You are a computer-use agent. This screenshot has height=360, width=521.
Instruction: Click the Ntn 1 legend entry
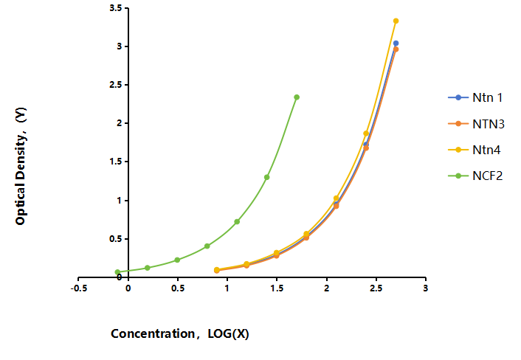pos(475,97)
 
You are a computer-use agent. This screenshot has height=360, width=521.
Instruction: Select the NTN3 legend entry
pos(476,124)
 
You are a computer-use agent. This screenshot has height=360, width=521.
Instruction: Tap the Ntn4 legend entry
pos(475,150)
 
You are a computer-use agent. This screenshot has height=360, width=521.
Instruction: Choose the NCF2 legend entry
pos(475,176)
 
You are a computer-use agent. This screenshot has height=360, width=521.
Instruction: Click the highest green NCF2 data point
pos(297,97)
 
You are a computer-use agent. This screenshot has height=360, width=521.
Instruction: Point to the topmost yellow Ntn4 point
pos(396,21)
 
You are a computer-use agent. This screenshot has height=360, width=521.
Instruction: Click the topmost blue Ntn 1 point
pos(396,44)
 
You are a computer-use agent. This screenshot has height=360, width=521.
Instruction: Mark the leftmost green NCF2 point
pos(117,272)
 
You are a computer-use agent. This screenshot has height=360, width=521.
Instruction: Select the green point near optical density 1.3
pos(267,177)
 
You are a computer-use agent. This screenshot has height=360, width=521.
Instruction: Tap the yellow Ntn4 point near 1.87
pos(366,134)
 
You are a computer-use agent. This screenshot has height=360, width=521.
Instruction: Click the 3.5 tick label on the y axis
pos(115,8)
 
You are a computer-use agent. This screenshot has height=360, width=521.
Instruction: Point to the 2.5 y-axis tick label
pos(115,85)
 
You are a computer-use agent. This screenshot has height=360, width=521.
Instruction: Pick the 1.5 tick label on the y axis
pos(115,162)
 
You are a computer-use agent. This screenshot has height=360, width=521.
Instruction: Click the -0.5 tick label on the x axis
pos(79,288)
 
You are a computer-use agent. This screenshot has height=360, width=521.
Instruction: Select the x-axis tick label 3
pos(425,288)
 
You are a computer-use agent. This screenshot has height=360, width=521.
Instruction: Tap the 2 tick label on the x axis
pos(327,288)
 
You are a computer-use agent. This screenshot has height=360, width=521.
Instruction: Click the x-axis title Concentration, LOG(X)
pos(180,333)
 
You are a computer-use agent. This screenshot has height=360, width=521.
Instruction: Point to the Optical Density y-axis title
pos(21,166)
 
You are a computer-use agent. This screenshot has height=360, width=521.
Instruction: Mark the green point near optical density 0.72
pos(237,221)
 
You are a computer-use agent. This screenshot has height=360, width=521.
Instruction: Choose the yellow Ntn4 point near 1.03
pos(336,198)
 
